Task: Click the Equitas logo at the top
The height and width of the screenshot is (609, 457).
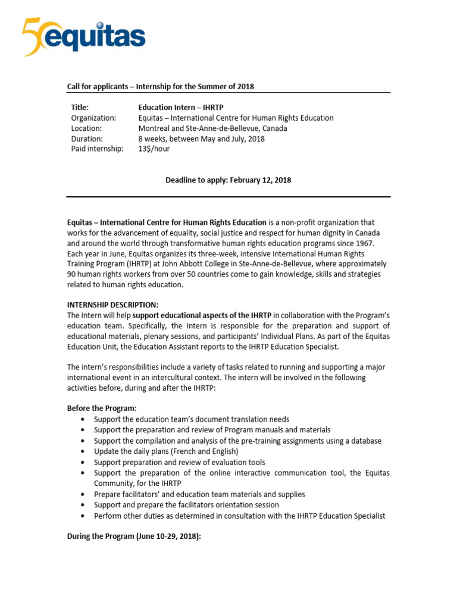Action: (x=83, y=36)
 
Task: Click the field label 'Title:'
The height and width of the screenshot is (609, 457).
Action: (x=80, y=108)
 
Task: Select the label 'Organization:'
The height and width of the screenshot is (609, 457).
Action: (x=93, y=118)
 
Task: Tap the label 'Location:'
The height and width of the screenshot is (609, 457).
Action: (x=87, y=128)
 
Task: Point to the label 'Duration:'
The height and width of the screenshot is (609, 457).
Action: (x=87, y=139)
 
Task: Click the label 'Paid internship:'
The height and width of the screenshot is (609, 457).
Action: (x=98, y=149)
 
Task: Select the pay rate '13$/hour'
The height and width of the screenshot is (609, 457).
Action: (x=154, y=149)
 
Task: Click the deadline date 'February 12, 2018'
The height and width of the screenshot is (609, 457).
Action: (x=259, y=180)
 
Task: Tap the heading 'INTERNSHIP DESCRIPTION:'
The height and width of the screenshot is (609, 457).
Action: (x=112, y=305)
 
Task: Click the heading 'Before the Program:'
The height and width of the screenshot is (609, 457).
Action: (x=102, y=408)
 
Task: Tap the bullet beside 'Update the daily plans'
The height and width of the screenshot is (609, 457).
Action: (x=81, y=452)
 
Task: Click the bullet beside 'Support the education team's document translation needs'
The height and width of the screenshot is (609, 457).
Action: (x=81, y=420)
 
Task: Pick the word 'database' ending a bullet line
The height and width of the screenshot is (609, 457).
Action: (x=365, y=441)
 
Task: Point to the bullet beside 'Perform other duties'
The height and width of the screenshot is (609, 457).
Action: (x=81, y=516)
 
